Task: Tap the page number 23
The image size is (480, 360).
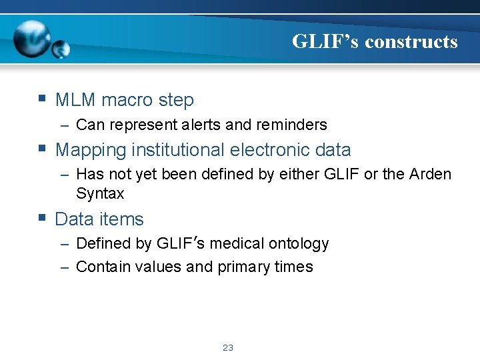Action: pyautogui.click(x=228, y=348)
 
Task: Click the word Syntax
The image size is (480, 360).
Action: pyautogui.click(x=100, y=193)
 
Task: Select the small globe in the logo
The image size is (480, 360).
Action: pyautogui.click(x=61, y=49)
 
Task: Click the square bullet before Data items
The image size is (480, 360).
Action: pyautogui.click(x=42, y=217)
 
